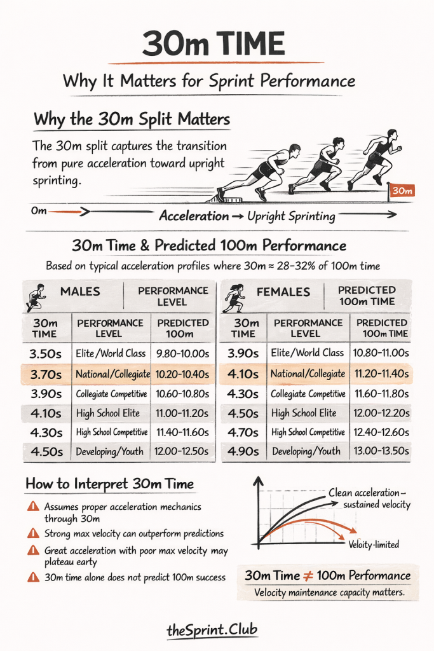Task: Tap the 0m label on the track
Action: (39, 211)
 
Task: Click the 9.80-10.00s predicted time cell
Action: (183, 353)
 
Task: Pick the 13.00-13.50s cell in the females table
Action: (382, 451)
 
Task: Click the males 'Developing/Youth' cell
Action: (111, 452)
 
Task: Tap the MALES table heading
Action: (80, 291)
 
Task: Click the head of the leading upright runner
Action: (392, 135)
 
